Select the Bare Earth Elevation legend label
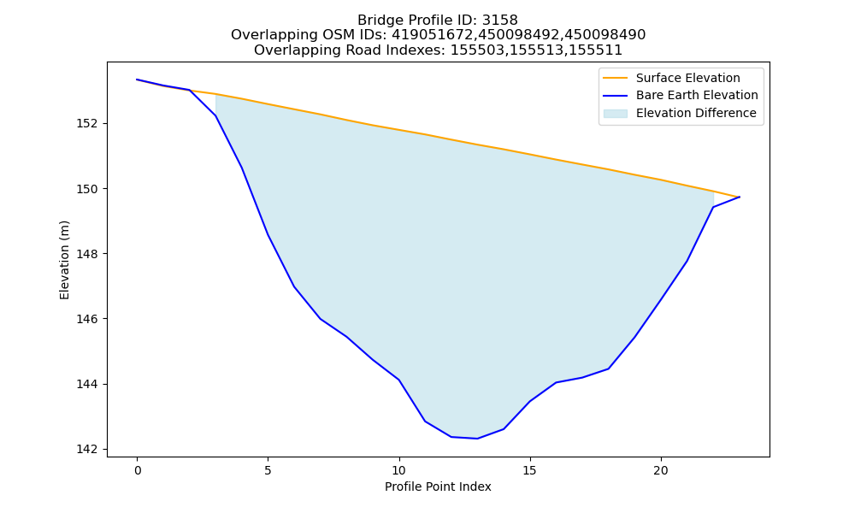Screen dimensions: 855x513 coord(697,96)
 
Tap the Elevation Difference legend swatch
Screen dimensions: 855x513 coord(615,114)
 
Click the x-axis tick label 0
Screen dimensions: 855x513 coord(138,470)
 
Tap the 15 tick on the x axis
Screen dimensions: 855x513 coord(530,470)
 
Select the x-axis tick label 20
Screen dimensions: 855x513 coord(661,470)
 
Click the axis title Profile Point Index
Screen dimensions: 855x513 coord(438,486)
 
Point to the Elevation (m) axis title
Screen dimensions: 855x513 coord(64,260)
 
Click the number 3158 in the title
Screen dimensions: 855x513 coord(499,21)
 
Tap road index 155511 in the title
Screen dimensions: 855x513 coord(593,50)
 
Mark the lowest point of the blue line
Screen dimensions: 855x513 coord(477,439)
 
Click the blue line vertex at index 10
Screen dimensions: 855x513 coord(399,380)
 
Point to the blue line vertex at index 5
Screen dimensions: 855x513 coord(268,234)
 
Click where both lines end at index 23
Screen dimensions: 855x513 coord(740,197)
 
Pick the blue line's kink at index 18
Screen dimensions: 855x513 coord(609,369)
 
